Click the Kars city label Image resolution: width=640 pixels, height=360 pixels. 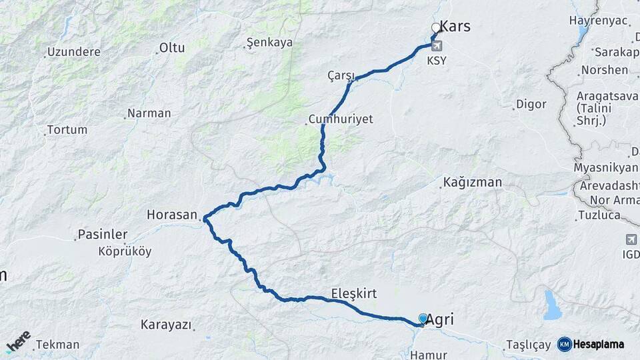[456, 27]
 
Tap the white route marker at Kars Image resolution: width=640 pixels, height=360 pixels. [436, 28]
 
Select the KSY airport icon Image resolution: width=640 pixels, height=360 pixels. [437, 46]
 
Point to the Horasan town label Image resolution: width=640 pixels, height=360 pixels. [172, 215]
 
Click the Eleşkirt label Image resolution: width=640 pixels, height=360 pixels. [354, 293]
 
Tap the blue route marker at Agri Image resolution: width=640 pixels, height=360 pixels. [423, 319]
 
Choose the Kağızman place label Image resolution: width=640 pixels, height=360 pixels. [473, 182]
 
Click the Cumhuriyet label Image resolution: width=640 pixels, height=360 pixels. [341, 119]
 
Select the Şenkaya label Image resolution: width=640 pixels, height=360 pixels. [270, 43]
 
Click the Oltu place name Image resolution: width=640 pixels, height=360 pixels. [172, 47]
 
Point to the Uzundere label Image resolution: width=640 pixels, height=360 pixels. [73, 51]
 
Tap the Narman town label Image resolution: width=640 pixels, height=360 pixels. [149, 113]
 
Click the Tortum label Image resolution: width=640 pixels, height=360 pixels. [67, 129]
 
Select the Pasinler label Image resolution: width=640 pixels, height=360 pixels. [103, 235]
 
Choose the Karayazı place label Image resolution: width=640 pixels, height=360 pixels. [166, 325]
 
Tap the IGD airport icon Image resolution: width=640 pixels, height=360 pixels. [631, 239]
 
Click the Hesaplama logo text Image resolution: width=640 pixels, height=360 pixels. [598, 344]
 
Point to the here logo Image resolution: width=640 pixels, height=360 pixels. [19, 341]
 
